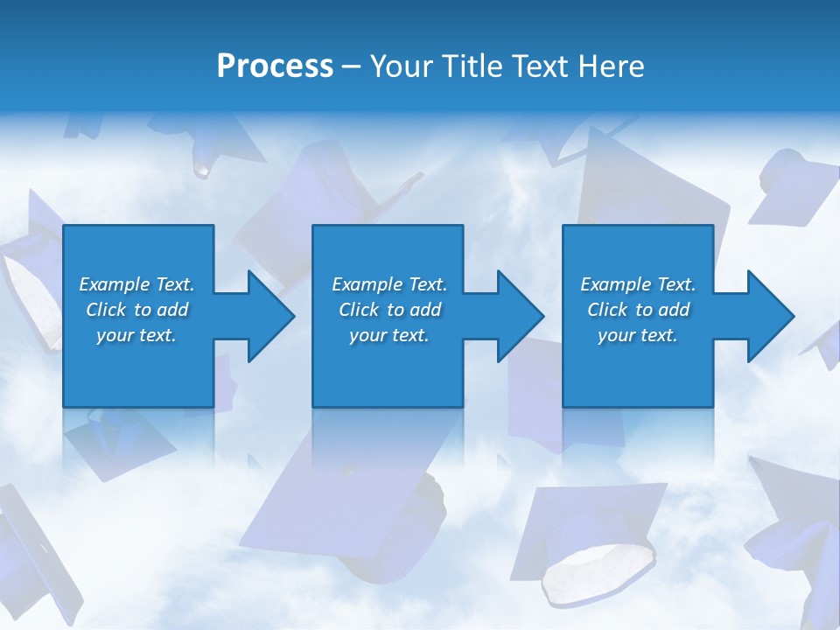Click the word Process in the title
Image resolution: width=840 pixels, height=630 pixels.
pyautogui.click(x=275, y=66)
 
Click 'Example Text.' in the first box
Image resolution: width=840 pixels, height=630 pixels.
pyautogui.click(x=136, y=284)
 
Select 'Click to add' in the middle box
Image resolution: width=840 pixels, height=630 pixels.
pyautogui.click(x=389, y=310)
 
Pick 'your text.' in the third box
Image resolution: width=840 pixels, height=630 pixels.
pyautogui.click(x=638, y=335)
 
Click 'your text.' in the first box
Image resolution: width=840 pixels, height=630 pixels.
pyautogui.click(x=136, y=335)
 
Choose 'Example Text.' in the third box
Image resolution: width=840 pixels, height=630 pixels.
pyautogui.click(x=638, y=284)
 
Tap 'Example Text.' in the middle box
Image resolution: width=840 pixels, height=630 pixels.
pyautogui.click(x=389, y=284)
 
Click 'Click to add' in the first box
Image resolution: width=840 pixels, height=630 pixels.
pyautogui.click(x=136, y=310)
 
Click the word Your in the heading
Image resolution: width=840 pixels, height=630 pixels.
pyautogui.click(x=399, y=66)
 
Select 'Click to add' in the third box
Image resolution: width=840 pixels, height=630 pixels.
pyautogui.click(x=638, y=310)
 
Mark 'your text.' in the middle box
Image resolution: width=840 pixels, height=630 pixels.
pyautogui.click(x=389, y=335)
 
